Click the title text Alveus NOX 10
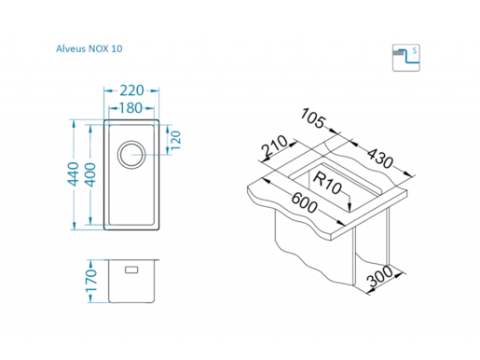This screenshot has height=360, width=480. coord(89,48)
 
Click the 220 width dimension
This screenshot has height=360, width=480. coord(131,90)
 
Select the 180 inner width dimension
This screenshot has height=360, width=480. coord(130,108)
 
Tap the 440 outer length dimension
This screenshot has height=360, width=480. coord(74,173)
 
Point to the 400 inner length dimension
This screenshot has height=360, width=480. coord(90,174)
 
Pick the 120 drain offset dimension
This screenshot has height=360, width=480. coord(175,140)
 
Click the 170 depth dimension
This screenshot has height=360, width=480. coord(91,281)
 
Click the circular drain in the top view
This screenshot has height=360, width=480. coord(131,155)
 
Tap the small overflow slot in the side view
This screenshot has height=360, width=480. coord(131,270)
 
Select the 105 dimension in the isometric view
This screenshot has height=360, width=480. coord(313,118)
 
